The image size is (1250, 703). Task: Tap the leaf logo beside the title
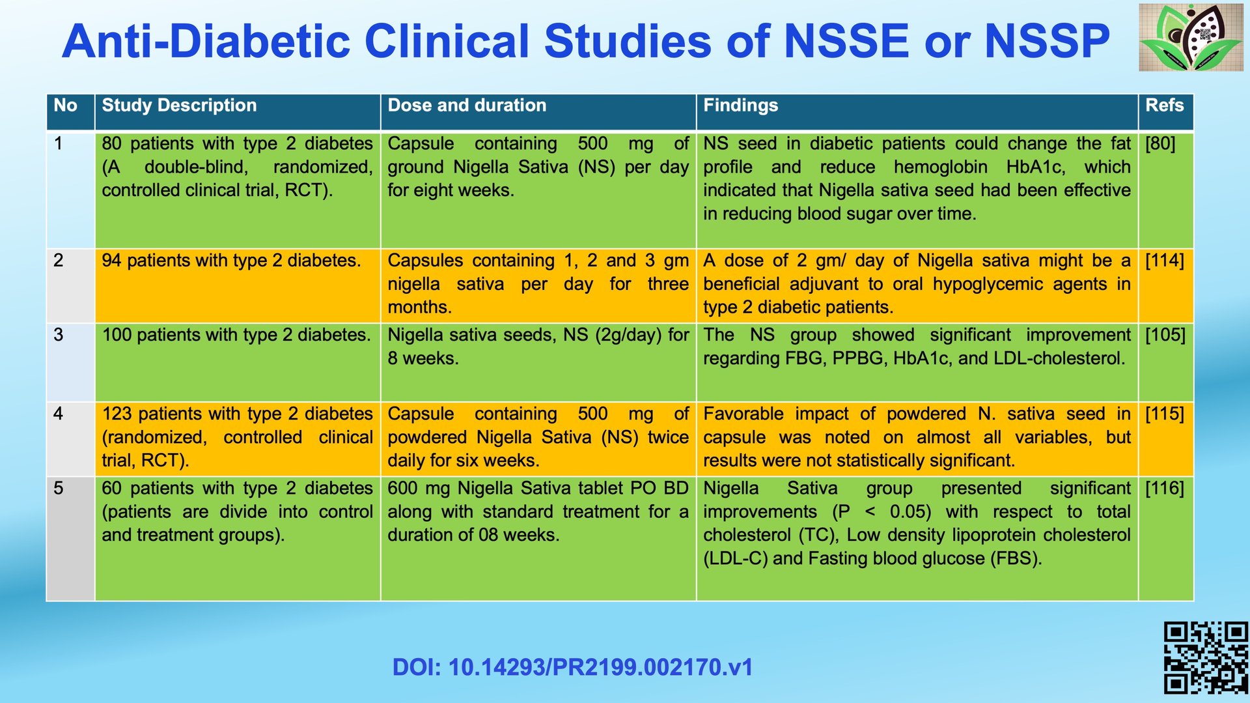tap(1191, 37)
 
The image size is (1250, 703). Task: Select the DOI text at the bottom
tap(572, 667)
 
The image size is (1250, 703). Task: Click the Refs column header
tap(1164, 106)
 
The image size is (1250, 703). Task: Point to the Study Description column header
tap(179, 106)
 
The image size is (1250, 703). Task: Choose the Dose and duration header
tap(467, 106)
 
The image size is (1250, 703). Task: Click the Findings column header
tap(740, 106)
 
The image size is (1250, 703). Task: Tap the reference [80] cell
tap(1160, 144)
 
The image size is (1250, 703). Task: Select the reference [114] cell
tap(1164, 261)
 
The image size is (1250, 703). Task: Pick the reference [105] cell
tap(1165, 335)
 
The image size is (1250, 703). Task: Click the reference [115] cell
tap(1165, 414)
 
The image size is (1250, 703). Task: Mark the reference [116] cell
tap(1165, 489)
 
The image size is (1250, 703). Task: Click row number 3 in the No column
tap(59, 335)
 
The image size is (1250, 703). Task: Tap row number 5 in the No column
tap(59, 489)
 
